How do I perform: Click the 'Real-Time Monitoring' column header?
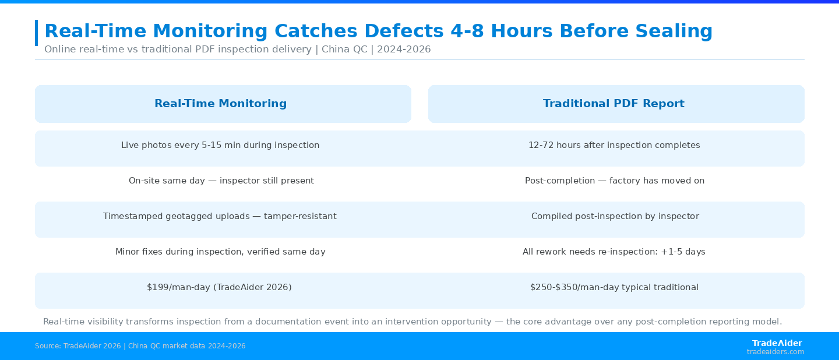[221, 103]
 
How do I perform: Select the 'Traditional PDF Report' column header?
[614, 103]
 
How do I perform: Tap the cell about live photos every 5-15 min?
[220, 145]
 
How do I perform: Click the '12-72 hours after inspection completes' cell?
[614, 145]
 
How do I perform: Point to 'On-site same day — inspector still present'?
[221, 181]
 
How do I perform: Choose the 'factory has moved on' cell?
[615, 181]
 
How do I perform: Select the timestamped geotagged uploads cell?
[220, 216]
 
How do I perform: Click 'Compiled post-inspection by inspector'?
[615, 216]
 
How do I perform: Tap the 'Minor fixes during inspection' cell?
[220, 252]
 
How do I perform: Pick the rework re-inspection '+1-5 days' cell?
[614, 252]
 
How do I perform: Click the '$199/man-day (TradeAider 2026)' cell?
[219, 287]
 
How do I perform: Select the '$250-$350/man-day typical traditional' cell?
[614, 287]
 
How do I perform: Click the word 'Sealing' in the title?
[674, 31]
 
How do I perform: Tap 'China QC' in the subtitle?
[344, 50]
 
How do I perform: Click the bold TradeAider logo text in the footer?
[777, 343]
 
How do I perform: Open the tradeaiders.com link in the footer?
[775, 352]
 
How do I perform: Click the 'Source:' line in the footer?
[140, 346]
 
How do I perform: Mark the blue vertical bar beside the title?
[36, 33]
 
